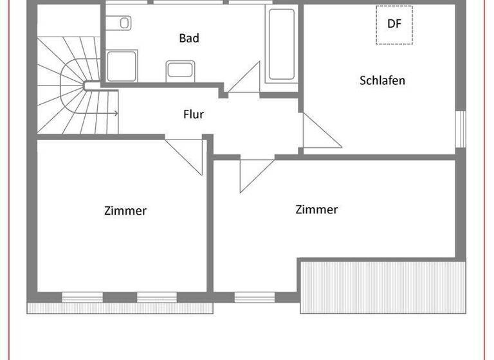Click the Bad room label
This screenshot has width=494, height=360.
point(189,39)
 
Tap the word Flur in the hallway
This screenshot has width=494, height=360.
point(194,114)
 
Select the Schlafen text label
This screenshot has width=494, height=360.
point(382,81)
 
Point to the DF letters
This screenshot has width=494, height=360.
point(394,24)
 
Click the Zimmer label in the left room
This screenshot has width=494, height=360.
point(125,210)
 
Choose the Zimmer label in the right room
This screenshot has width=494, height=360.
point(316,210)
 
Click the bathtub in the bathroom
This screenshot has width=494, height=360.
point(281,45)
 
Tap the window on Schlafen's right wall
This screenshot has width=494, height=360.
point(459,129)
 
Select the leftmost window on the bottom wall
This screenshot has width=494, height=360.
point(82,297)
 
